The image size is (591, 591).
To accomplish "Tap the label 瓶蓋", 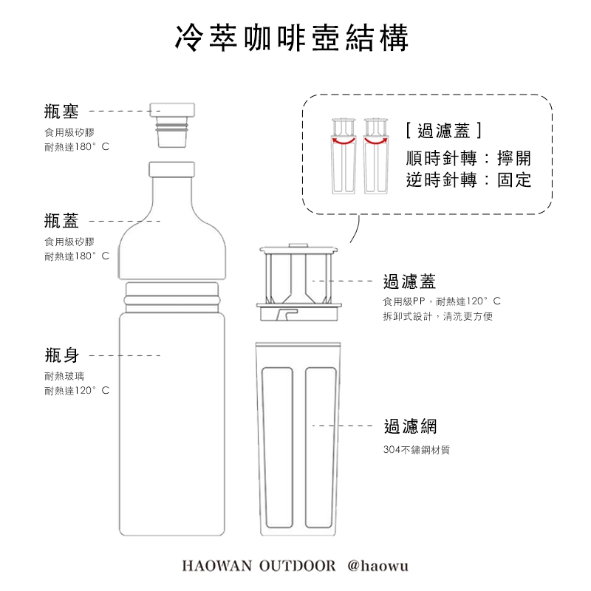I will pyautogui.click(x=61, y=220).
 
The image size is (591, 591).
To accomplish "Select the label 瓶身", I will pyautogui.click(x=61, y=355).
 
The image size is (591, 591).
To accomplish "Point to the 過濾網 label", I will pyautogui.click(x=410, y=426).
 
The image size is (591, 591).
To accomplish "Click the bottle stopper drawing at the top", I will pyautogui.click(x=173, y=118).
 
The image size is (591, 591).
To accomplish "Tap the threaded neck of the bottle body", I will pyautogui.click(x=173, y=296).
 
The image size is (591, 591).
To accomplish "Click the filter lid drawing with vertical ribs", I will pyautogui.click(x=301, y=281).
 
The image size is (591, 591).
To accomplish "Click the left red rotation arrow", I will pyautogui.click(x=342, y=139).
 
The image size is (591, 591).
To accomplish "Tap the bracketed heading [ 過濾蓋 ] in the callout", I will pyautogui.click(x=444, y=131).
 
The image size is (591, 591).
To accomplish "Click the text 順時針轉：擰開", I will pyautogui.click(x=468, y=157).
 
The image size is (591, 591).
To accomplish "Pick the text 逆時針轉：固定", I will pyautogui.click(x=468, y=180).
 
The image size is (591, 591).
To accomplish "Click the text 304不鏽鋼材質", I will pyautogui.click(x=417, y=449).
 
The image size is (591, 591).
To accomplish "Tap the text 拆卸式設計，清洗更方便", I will pyautogui.click(x=437, y=316).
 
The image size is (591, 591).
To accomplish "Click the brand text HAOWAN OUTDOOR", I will pyautogui.click(x=258, y=566).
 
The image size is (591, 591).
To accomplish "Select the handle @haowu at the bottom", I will pyautogui.click(x=378, y=566).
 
